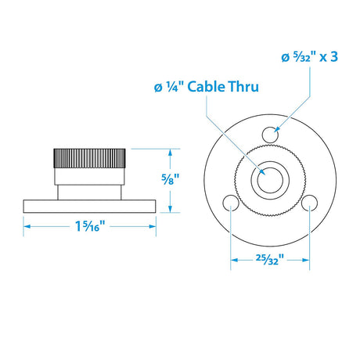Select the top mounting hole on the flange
270,135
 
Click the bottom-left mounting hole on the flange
230,203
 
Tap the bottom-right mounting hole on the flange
310,203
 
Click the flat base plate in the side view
91,207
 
